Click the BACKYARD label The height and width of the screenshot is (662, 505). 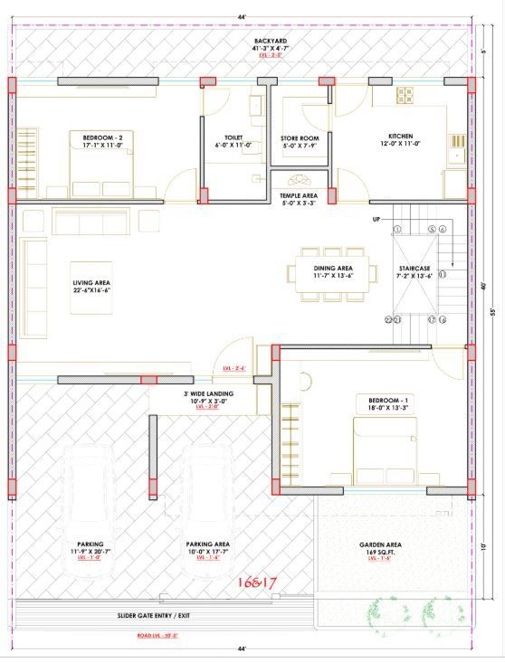pos(269,42)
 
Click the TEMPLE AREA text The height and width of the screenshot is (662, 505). pos(298,195)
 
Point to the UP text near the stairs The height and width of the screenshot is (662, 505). pos(376,220)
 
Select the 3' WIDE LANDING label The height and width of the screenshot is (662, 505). pos(209,394)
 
